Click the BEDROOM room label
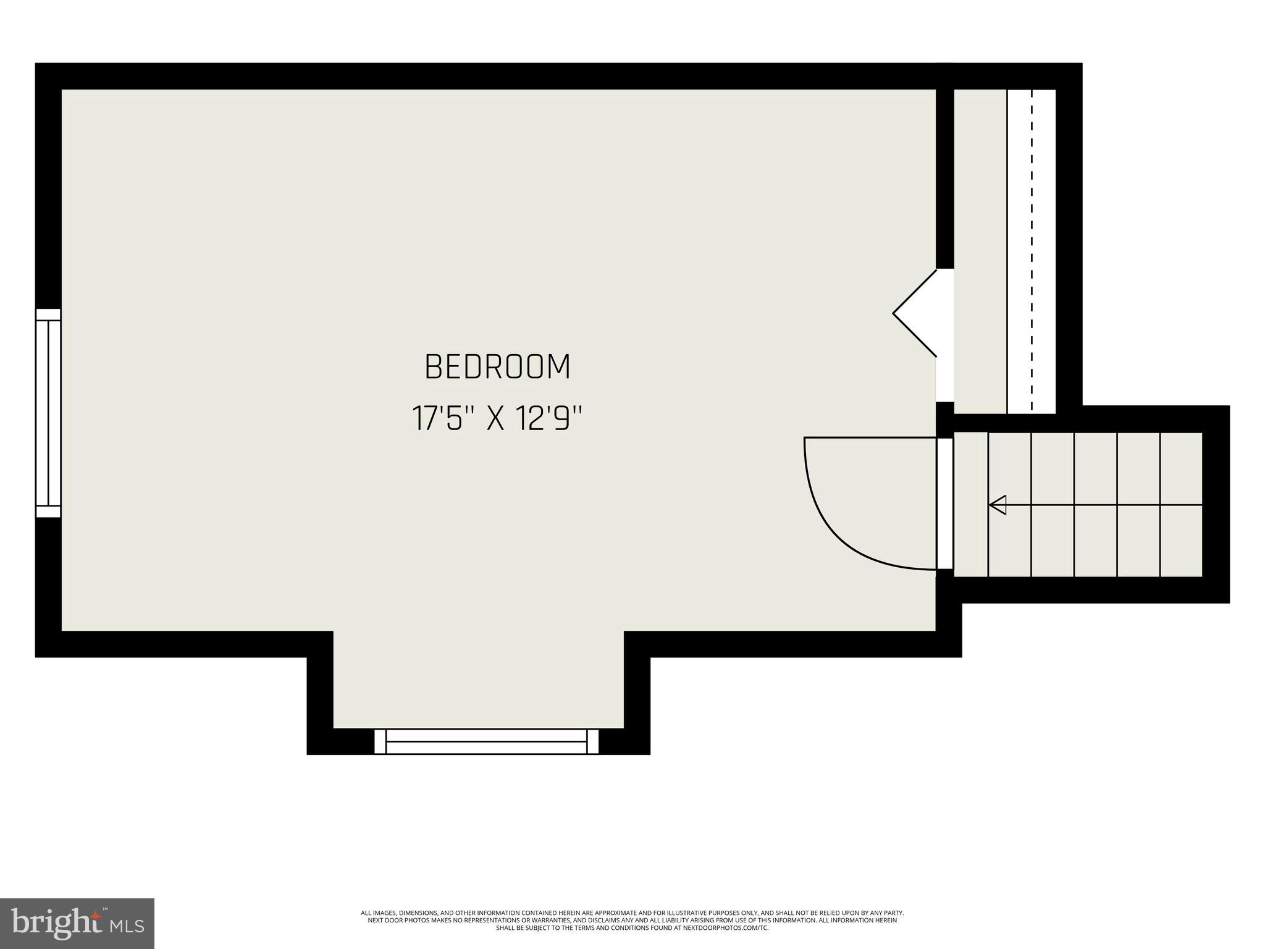(x=497, y=367)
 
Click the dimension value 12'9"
(x=550, y=419)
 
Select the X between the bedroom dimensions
(x=496, y=420)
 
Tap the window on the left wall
(x=48, y=413)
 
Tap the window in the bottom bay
(x=486, y=741)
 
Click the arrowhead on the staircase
(x=998, y=505)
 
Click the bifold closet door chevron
(x=914, y=313)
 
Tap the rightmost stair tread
(x=1181, y=505)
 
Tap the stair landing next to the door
(x=971, y=505)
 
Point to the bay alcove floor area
(x=479, y=680)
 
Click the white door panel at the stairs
(x=944, y=504)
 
